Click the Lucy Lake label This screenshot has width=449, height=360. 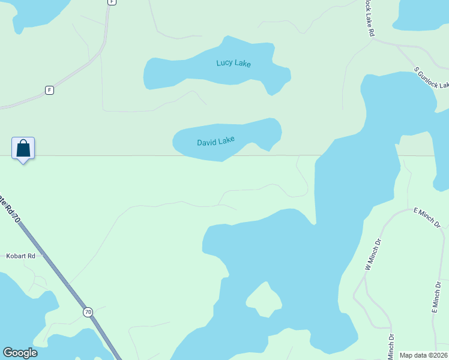tap(234, 63)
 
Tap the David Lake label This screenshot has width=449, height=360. tap(215, 142)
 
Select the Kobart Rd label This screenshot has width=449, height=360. tap(21, 256)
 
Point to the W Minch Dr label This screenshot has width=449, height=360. tap(373, 255)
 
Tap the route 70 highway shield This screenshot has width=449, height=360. tap(88, 312)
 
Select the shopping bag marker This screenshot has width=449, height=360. tap(23, 149)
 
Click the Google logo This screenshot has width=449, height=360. tap(20, 353)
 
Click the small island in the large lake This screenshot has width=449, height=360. tap(263, 298)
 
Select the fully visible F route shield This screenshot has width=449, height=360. tap(49, 90)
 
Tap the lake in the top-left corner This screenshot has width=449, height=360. tap(36, 12)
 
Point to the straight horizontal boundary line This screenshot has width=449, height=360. tap(120, 156)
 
